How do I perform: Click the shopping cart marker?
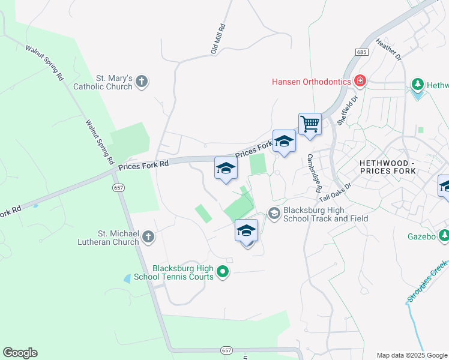[x=310, y=124]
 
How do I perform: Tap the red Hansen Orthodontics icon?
[x=360, y=80]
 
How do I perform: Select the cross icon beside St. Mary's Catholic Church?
[x=142, y=82]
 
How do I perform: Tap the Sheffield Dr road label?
[x=347, y=109]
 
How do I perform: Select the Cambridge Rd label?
[x=315, y=173]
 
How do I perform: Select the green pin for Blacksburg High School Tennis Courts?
[x=223, y=272]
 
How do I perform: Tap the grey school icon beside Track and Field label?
[x=274, y=214]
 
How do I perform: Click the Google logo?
[x=20, y=353]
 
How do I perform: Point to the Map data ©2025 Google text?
[x=411, y=355]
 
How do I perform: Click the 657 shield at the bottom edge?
[x=226, y=350]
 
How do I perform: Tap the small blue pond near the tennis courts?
[x=127, y=278]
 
